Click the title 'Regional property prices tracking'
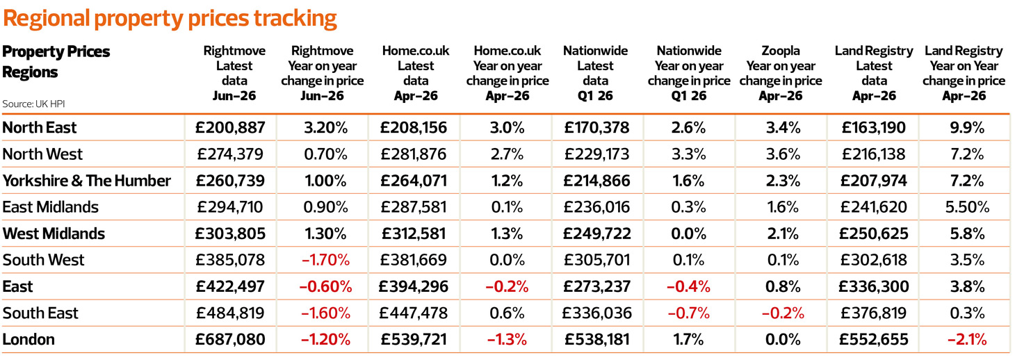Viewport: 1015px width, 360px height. pyautogui.click(x=170, y=19)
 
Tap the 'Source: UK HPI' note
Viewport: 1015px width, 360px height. pyautogui.click(x=33, y=104)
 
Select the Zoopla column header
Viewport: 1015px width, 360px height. pyautogui.click(x=780, y=73)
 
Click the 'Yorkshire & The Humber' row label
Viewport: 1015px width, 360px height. pyautogui.click(x=86, y=181)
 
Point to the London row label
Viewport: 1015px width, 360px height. pyautogui.click(x=29, y=339)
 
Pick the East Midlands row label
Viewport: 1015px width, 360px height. pyautogui.click(x=50, y=207)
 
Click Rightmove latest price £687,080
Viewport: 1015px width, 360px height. pyautogui.click(x=230, y=339)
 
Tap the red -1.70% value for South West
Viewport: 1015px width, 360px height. pyautogui.click(x=326, y=260)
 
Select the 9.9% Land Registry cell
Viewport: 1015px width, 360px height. pyautogui.click(x=967, y=128)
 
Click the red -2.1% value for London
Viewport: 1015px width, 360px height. pyautogui.click(x=967, y=339)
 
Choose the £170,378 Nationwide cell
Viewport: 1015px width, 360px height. pyautogui.click(x=596, y=128)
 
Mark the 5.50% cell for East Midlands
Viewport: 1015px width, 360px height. pyautogui.click(x=967, y=207)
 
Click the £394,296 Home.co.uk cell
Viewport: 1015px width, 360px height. pyautogui.click(x=414, y=286)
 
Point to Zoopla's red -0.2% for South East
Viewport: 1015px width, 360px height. pyautogui.click(x=783, y=313)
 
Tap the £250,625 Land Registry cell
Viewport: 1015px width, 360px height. pyautogui.click(x=874, y=234)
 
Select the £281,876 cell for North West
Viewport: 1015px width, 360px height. pyautogui.click(x=414, y=154)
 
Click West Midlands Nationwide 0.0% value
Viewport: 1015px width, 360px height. pyautogui.click(x=688, y=234)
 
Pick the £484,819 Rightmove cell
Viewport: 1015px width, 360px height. pyautogui.click(x=230, y=313)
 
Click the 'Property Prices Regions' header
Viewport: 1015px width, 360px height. pyautogui.click(x=56, y=62)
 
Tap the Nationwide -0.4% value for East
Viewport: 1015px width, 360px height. pyautogui.click(x=688, y=286)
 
